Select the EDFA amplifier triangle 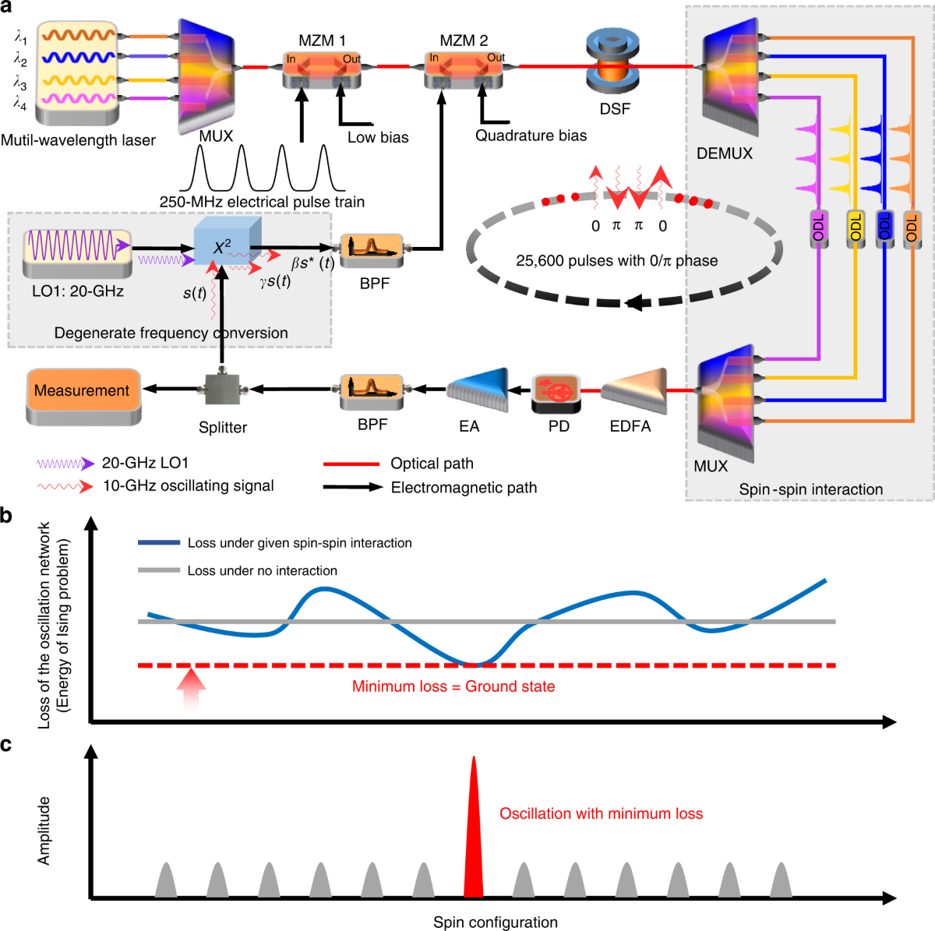[x=633, y=390]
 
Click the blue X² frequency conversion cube [x=226, y=243]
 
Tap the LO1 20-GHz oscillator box [x=76, y=251]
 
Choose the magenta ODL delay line [x=818, y=228]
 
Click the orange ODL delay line [x=911, y=228]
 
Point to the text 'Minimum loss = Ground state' [x=453, y=686]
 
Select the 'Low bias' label [x=378, y=137]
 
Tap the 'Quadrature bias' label [x=531, y=136]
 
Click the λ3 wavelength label [x=20, y=82]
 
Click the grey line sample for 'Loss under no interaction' [x=159, y=570]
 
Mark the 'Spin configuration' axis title [x=495, y=922]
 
